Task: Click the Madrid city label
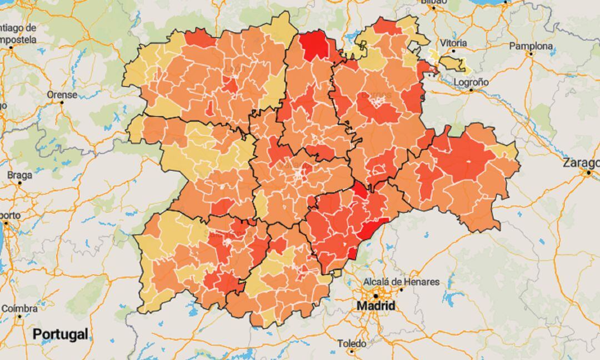pyautogui.click(x=376, y=306)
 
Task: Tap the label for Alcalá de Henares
pyautogui.click(x=402, y=282)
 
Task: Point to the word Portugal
pyautogui.click(x=60, y=334)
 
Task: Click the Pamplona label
pyautogui.click(x=531, y=46)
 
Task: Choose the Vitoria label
pyautogui.click(x=453, y=43)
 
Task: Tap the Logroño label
pyautogui.click(x=471, y=82)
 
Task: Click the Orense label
pyautogui.click(x=62, y=94)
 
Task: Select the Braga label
pyautogui.click(x=19, y=174)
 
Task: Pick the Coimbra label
pyautogui.click(x=19, y=308)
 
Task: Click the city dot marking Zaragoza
pyautogui.click(x=588, y=173)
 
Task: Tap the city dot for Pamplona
pyautogui.click(x=531, y=54)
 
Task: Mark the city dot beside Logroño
pyautogui.click(x=471, y=89)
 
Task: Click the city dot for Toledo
pyautogui.click(x=352, y=351)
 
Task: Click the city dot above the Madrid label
pyautogui.click(x=375, y=296)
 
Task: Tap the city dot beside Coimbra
pyautogui.click(x=19, y=317)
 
